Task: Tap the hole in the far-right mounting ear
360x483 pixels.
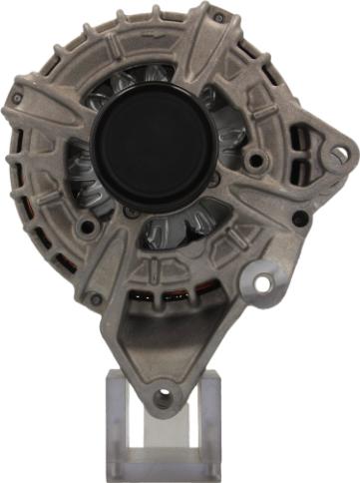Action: (x=340, y=154)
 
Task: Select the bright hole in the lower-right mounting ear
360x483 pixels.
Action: (x=263, y=283)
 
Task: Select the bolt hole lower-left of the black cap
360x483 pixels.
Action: (x=89, y=228)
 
